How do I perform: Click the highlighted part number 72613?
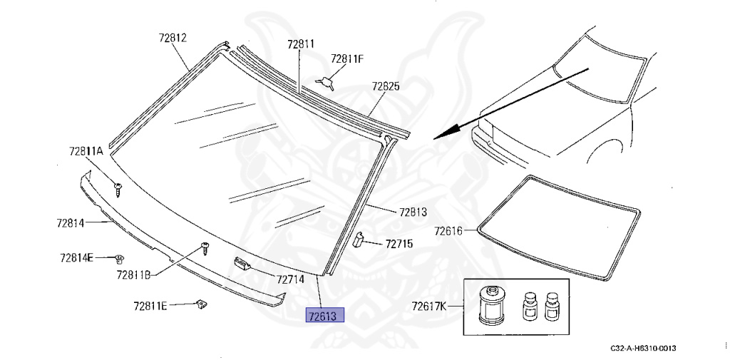pyautogui.click(x=324, y=316)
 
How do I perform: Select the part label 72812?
pyautogui.click(x=173, y=38)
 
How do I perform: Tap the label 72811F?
pyautogui.click(x=347, y=59)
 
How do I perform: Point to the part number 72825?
pyautogui.click(x=386, y=87)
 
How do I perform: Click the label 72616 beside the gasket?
pyautogui.click(x=448, y=231)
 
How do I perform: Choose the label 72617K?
pyautogui.click(x=428, y=307)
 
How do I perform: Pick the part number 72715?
pyautogui.click(x=399, y=244)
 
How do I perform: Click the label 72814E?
pyautogui.click(x=76, y=257)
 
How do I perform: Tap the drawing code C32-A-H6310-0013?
pyautogui.click(x=644, y=349)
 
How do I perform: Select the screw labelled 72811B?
pyautogui.click(x=205, y=248)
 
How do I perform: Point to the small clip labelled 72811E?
pyautogui.click(x=201, y=304)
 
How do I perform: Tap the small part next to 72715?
pyautogui.click(x=359, y=240)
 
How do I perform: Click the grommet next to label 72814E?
pyautogui.click(x=120, y=257)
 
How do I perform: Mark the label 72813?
pyautogui.click(x=413, y=212)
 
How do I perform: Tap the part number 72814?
pyautogui.click(x=71, y=223)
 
